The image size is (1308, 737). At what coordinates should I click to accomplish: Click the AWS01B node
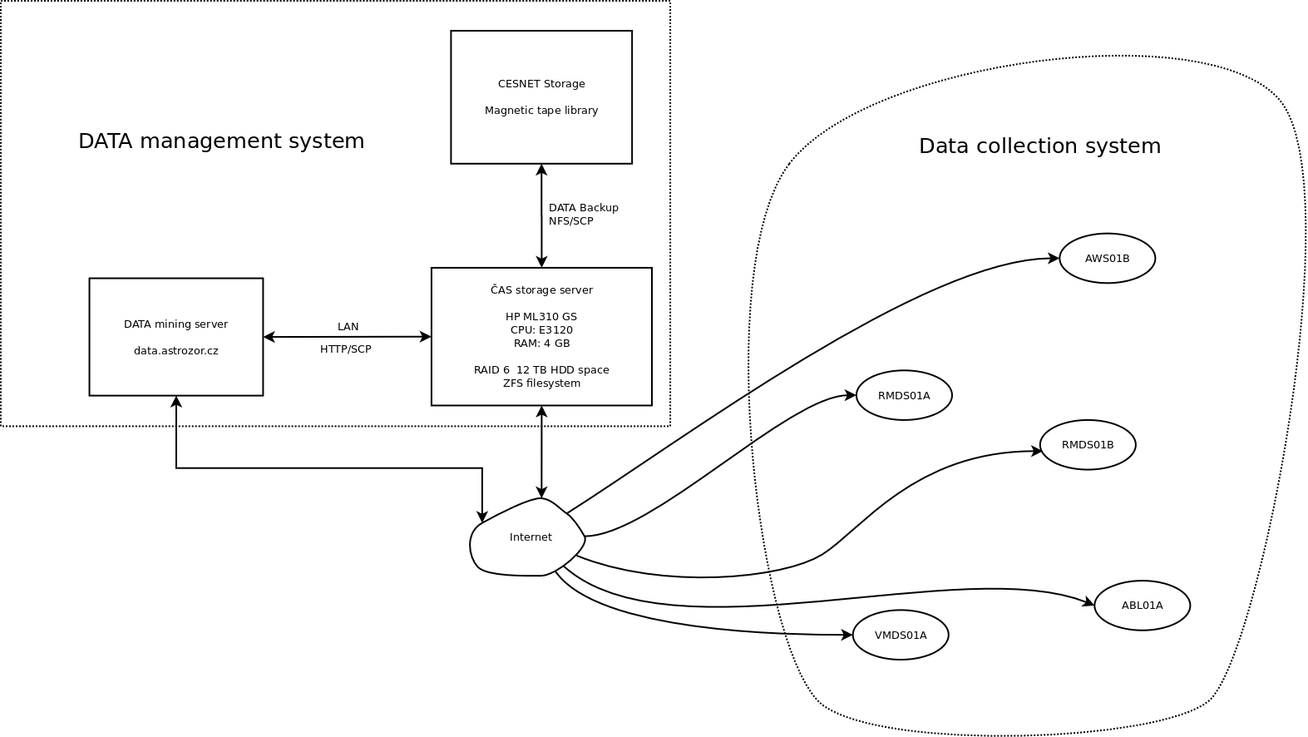1107,258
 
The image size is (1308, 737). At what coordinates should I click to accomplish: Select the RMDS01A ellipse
904,395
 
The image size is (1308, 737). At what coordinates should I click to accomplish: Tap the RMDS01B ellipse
1088,444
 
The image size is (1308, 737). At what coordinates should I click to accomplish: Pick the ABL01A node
1142,605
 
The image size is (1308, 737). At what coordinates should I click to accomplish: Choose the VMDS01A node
901,635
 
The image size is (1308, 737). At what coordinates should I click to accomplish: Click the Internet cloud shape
529,538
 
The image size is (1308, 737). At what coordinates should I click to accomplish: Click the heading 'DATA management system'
221,141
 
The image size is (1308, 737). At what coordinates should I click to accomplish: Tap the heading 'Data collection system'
1039,146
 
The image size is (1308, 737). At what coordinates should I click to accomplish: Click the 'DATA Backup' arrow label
583,207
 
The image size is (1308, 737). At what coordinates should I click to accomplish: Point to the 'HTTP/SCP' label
345,349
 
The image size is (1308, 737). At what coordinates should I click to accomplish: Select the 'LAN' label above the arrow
348,326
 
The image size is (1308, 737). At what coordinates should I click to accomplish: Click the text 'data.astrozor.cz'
175,351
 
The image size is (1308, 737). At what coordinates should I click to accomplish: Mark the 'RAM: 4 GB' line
541,343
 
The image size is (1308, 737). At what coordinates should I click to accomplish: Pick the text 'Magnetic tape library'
541,111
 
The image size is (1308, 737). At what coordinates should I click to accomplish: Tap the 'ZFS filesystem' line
541,383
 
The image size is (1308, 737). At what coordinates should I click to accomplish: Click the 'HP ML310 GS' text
541,316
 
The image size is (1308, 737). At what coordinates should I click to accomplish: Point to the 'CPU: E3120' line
541,329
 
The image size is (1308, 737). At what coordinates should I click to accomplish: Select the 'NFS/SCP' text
570,221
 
